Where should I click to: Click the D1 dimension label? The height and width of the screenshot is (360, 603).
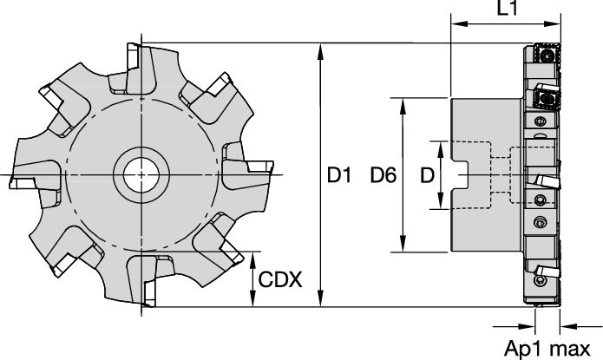[x=339, y=175]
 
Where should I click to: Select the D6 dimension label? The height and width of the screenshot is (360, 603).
[x=383, y=175]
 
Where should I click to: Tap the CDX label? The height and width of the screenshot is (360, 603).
[x=280, y=279]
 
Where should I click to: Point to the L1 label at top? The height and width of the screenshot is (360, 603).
[x=508, y=8]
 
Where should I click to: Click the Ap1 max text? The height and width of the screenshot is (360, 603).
[x=547, y=349]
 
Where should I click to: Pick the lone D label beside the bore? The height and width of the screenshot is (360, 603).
[x=427, y=175]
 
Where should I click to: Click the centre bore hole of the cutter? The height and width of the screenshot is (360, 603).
[x=141, y=175]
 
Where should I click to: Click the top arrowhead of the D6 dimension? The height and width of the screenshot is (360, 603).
[x=403, y=107]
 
